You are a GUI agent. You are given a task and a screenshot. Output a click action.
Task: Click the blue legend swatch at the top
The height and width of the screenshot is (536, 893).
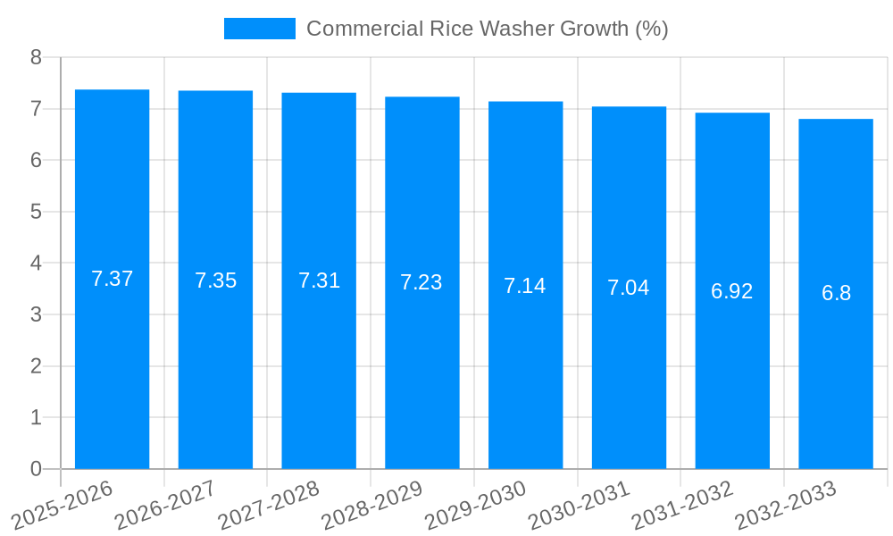click(259, 29)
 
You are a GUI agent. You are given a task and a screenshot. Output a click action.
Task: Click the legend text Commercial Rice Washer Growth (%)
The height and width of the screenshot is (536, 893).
click(487, 29)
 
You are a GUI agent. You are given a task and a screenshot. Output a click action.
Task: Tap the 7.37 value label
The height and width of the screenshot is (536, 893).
click(112, 279)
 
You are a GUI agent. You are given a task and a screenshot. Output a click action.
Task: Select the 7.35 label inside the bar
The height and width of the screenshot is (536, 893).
click(215, 281)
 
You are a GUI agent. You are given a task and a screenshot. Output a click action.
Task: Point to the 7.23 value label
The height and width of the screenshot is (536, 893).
click(421, 282)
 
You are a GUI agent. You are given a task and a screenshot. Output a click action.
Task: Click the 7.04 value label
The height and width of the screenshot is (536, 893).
click(629, 288)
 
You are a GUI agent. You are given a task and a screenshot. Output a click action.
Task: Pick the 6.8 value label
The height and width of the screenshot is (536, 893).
click(836, 293)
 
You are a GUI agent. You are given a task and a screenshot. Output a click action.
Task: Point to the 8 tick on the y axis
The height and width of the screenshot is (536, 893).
click(36, 58)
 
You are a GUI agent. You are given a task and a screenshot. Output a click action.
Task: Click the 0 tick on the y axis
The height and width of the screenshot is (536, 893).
click(36, 469)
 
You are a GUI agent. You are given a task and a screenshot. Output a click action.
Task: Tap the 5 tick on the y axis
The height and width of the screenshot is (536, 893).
click(36, 213)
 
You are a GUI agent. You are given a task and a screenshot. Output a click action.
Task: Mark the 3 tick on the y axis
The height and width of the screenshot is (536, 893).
click(36, 315)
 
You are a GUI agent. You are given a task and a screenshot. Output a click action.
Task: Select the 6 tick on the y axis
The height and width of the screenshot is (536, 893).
click(36, 161)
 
